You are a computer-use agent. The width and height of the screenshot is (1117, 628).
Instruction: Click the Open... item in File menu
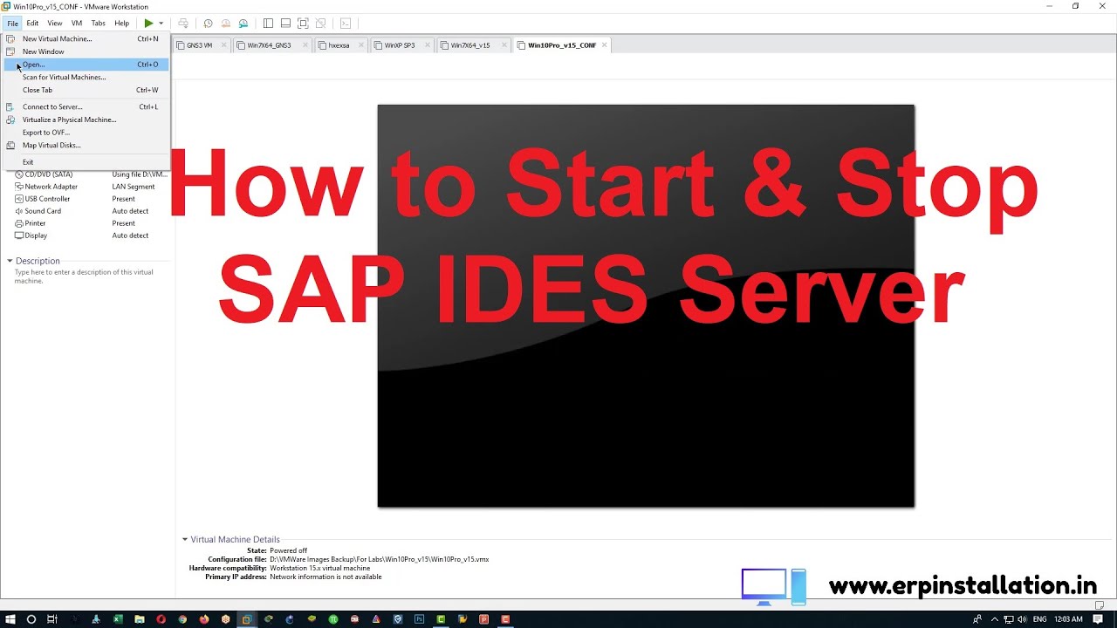(x=34, y=65)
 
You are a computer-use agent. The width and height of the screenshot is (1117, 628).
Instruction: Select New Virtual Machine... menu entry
(x=57, y=38)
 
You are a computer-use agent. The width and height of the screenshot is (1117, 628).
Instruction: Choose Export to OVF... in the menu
(x=45, y=133)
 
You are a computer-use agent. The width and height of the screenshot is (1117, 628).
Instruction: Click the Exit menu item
(x=28, y=162)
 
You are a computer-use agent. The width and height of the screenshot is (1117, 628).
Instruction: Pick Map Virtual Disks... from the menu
(x=51, y=146)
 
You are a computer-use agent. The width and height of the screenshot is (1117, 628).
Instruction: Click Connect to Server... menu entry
(x=52, y=107)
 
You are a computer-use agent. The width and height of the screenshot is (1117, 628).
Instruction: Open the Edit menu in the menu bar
(x=32, y=24)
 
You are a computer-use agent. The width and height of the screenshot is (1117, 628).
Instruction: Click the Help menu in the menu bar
(x=121, y=24)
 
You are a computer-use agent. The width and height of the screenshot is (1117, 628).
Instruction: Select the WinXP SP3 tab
(x=399, y=45)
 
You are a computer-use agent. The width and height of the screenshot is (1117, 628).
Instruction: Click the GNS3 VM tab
(x=199, y=45)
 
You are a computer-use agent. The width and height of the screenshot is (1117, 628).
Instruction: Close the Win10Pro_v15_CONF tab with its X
(x=604, y=45)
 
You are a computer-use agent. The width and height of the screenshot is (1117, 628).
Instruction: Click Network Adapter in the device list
(x=51, y=187)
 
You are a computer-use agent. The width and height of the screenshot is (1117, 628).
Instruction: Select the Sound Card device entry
(x=43, y=211)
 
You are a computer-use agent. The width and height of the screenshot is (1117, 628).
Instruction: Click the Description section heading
(x=38, y=261)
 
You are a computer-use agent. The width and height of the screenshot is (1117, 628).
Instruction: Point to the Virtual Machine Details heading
(x=235, y=540)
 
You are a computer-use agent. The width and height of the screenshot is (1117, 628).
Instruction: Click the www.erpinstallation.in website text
(x=962, y=586)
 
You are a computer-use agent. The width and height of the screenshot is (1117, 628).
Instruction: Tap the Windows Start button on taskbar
(x=10, y=619)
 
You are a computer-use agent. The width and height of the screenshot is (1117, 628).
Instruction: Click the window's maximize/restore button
(x=1075, y=7)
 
